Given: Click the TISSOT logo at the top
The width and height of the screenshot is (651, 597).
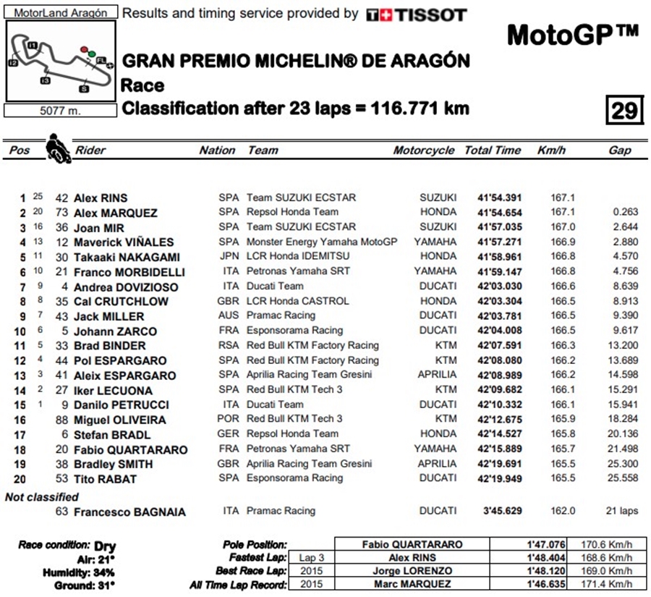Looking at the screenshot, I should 416,14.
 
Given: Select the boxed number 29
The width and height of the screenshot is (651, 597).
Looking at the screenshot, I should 624,110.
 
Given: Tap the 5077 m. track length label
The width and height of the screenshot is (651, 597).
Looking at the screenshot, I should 60,111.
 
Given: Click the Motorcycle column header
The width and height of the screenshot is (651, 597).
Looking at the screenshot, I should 424,151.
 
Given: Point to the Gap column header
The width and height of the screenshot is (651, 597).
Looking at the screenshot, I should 619,151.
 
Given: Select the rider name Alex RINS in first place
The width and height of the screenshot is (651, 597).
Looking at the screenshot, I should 101,198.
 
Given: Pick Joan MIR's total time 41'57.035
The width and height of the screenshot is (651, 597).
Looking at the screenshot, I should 499,227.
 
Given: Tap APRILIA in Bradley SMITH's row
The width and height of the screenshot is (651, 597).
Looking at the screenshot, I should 437,463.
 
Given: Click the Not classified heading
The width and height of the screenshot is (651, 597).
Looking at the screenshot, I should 42,497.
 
